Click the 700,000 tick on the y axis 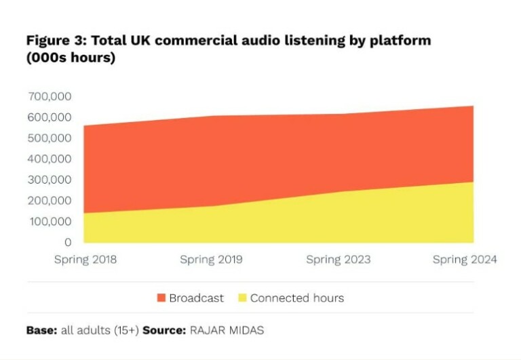click(50, 96)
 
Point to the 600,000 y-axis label click(50, 117)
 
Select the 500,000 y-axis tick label click(50, 138)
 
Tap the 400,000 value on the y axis click(50, 159)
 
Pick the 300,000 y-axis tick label click(50, 180)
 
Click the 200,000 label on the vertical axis click(50, 201)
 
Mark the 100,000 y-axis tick click(50, 222)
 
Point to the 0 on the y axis click(67, 242)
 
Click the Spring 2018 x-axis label click(85, 260)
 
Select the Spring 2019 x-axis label click(211, 260)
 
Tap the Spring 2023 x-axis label click(337, 260)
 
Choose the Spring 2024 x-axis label click(465, 260)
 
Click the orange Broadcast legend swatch click(161, 298)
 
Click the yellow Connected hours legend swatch click(242, 298)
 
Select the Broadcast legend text click(196, 298)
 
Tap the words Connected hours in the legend click(297, 298)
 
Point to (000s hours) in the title click(71, 58)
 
